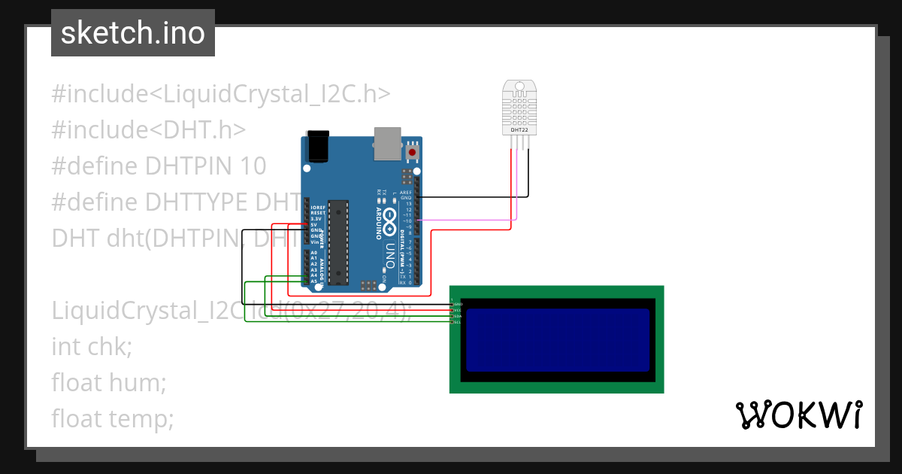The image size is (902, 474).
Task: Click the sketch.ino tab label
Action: coord(133,33)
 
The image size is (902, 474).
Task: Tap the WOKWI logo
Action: coord(798,415)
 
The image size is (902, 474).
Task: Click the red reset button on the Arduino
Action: coord(411,153)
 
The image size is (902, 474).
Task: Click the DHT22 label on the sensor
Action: coord(519,129)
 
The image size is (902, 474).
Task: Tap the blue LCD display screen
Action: coord(557,339)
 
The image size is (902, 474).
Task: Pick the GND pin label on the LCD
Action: coord(458,304)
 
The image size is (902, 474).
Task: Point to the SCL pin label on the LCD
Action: coord(457,322)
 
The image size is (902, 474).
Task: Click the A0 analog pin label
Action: coord(313,253)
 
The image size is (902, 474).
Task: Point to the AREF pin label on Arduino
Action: coord(406,192)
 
